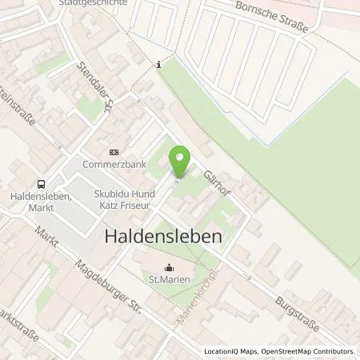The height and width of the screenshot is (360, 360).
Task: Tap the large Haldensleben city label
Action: click(x=164, y=237)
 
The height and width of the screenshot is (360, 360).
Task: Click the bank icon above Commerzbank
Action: click(x=112, y=153)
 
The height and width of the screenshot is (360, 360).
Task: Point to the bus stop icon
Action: click(x=40, y=183)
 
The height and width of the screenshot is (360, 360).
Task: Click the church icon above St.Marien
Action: click(x=169, y=268)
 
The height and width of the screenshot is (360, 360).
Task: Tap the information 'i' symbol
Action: click(x=159, y=66)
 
